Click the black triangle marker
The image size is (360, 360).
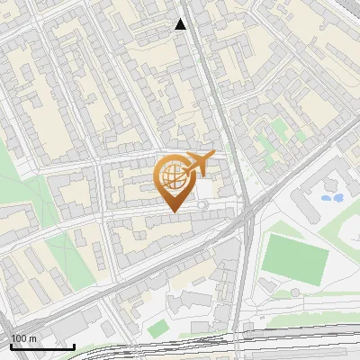(181, 24)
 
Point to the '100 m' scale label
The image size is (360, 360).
(25, 338)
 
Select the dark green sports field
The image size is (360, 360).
(298, 260)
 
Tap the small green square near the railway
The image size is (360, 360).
(158, 329)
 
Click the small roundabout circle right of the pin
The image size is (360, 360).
(203, 206)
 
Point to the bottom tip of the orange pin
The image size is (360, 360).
(173, 211)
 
